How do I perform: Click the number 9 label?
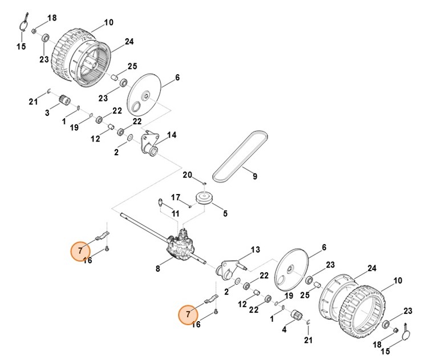tap(254, 176)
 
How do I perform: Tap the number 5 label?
tap(225, 214)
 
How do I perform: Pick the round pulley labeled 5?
tap(204, 199)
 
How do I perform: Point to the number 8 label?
tap(158, 267)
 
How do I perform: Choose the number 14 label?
tap(171, 136)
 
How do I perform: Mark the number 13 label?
tap(254, 250)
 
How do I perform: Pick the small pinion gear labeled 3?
tap(64, 102)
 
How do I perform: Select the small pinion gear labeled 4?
tap(297, 315)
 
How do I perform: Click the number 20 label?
tap(186, 174)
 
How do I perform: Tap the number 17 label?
tap(176, 197)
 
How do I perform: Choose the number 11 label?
tap(175, 214)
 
